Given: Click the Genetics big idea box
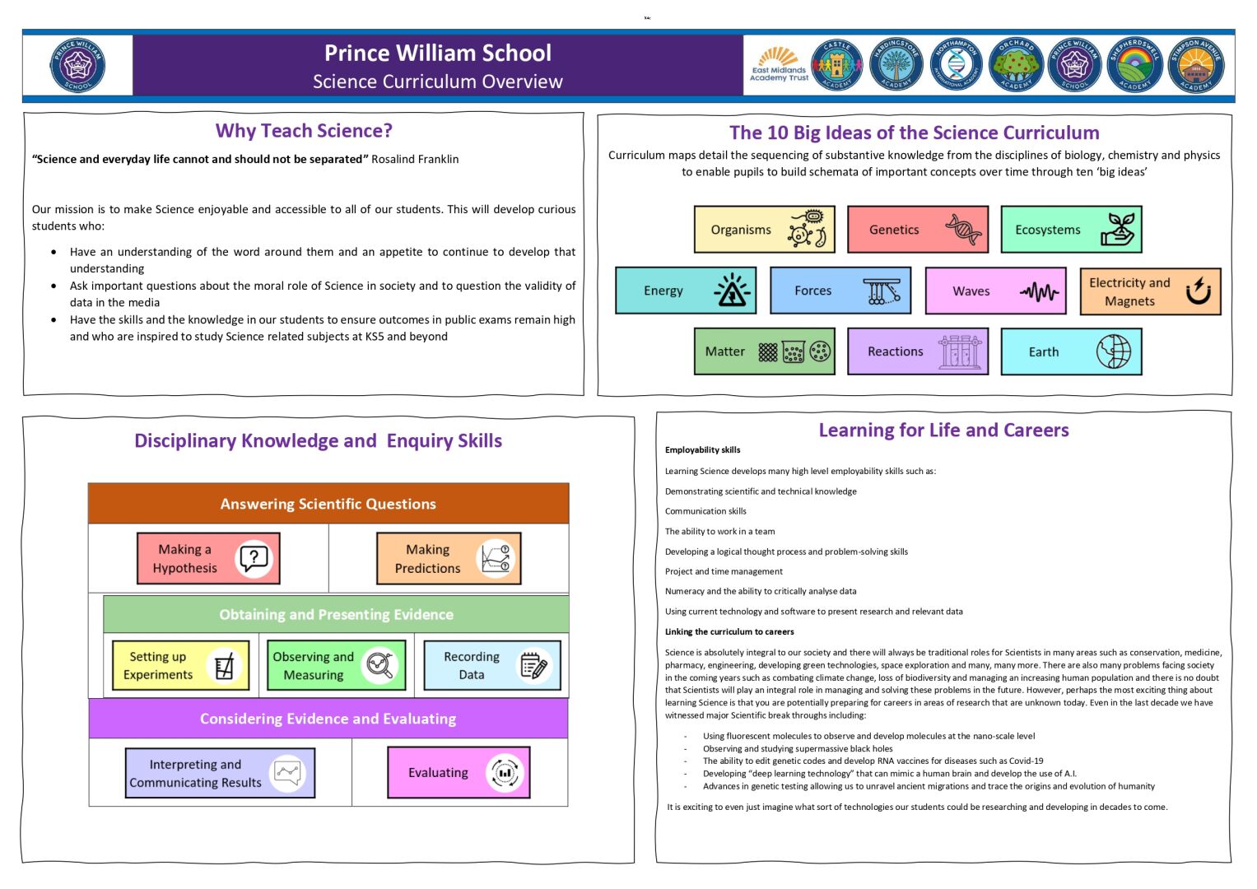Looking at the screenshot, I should coord(918,230).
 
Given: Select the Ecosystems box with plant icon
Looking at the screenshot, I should coord(1071,230).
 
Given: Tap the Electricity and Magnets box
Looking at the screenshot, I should coord(1150,291).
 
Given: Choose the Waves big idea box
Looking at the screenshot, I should coord(995,291).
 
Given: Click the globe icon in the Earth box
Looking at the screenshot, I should coord(1113,351).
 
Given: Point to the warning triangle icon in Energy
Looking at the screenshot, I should coord(732,291).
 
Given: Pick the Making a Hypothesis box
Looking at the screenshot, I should coord(208,558).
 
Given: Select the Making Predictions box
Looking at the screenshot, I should coord(449,558).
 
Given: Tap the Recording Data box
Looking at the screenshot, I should coord(491,665).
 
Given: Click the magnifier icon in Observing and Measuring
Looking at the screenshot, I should coord(379,665).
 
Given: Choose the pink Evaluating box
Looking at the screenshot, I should coord(459,772).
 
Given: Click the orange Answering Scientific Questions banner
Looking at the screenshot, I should coord(328,504).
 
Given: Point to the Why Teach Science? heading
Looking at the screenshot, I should coord(304,131).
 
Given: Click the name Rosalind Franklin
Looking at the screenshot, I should coord(415,159).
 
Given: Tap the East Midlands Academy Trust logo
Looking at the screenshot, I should coord(779,66).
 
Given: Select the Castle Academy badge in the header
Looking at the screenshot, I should coord(836,66).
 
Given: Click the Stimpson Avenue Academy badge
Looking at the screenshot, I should coord(1196,66).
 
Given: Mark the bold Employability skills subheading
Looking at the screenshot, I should coord(702,450).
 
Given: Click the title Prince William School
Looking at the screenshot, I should coord(438,54).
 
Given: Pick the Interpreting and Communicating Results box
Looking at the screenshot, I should coord(220,773).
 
